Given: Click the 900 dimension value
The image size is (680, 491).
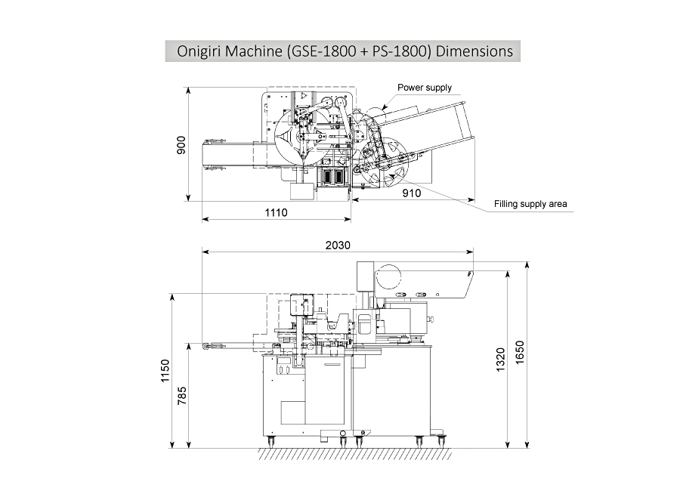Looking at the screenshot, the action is tap(181, 145).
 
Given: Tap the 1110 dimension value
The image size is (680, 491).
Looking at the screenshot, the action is tap(277, 212).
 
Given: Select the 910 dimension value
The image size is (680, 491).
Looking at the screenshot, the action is tap(412, 193).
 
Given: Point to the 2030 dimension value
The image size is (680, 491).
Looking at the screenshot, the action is tap(338, 246).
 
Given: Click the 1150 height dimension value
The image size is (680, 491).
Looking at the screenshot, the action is tap(165, 371).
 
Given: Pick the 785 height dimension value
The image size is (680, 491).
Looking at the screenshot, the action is tap(182, 396).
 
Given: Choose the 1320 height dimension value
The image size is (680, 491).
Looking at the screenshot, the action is tap(500, 360).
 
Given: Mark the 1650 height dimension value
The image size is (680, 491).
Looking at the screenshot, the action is tap(519, 353).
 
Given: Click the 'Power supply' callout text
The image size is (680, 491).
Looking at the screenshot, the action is tap(425, 88).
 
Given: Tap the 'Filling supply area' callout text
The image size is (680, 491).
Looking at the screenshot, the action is tap(530, 204).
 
